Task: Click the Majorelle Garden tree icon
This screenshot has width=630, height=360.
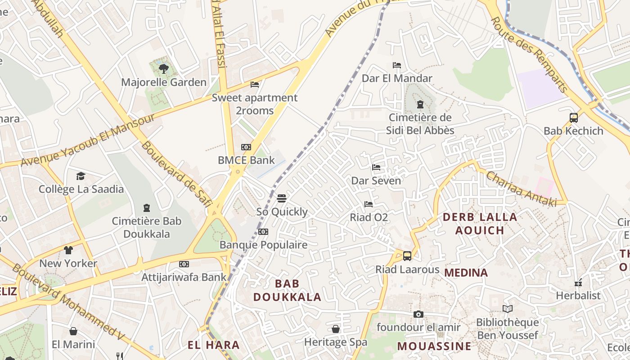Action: coord(164,69)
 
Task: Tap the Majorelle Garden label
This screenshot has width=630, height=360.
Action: coord(164,82)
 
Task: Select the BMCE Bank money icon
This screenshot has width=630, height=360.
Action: coord(246,147)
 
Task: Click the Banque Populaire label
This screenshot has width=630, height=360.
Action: coord(263,245)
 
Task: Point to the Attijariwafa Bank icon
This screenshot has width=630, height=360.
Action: coord(184,264)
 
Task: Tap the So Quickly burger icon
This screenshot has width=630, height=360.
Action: coord(282,198)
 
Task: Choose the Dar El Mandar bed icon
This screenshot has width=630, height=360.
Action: coord(397,65)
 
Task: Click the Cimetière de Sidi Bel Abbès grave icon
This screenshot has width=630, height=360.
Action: coord(420,105)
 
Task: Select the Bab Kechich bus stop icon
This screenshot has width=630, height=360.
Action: coord(574,118)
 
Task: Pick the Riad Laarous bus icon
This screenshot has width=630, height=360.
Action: coord(407,256)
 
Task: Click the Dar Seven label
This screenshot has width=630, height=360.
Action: coord(376,181)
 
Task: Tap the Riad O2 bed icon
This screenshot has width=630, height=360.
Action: coord(369,204)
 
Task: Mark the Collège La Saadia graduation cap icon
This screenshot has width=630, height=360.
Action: coord(81,176)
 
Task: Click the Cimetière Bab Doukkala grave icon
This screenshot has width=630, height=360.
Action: coord(146,208)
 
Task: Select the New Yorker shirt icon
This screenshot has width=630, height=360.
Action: coord(68,250)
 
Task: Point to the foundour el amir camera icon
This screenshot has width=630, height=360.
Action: coord(418,314)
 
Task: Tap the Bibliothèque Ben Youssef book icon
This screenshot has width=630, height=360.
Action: coord(508,309)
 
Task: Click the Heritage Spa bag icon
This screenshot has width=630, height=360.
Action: coord(336,329)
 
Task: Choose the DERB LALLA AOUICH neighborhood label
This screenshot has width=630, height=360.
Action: coord(480,224)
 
